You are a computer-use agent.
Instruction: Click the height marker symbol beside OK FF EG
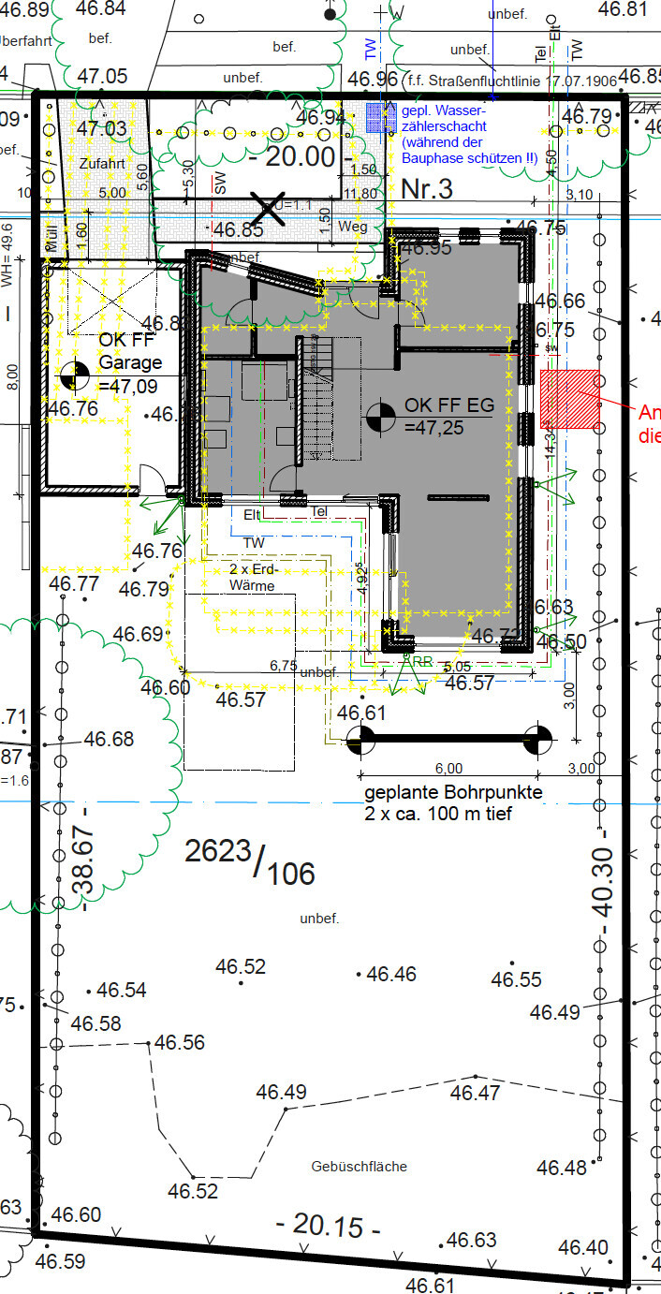click(382, 417)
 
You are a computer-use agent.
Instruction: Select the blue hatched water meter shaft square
click(380, 116)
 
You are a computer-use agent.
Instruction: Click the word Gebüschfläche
click(360, 1167)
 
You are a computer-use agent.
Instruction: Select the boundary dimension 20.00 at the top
click(298, 156)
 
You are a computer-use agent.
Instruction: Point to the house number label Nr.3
click(426, 189)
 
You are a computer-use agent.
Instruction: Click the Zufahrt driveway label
click(101, 163)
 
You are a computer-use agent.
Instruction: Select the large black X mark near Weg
click(271, 208)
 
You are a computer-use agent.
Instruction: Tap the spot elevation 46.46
click(391, 974)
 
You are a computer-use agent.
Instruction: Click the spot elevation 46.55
click(517, 979)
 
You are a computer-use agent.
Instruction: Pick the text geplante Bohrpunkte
click(453, 794)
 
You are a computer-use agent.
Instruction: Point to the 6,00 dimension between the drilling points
click(448, 768)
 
